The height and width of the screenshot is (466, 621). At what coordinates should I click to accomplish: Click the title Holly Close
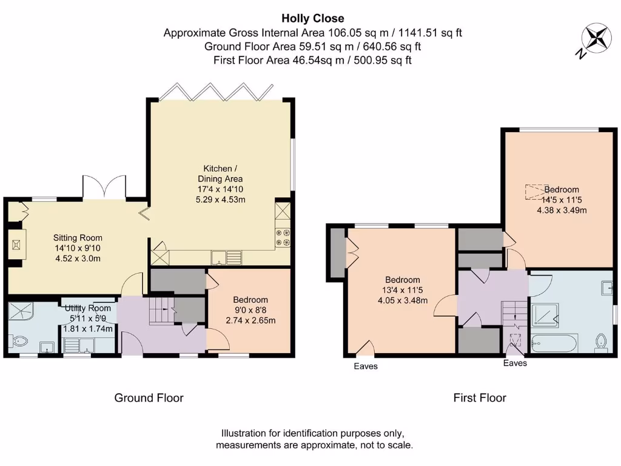tap(312, 19)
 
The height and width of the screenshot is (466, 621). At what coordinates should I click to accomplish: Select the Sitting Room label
tap(78, 238)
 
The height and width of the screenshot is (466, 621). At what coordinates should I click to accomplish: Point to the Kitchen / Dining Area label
tap(220, 174)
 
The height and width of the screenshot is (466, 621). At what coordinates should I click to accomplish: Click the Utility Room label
tap(88, 308)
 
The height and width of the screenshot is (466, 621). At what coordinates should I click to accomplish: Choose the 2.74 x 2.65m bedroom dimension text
tap(250, 320)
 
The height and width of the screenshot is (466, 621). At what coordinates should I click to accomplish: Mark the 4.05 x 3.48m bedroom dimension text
tap(403, 300)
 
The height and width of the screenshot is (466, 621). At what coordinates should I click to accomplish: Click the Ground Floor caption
tap(149, 398)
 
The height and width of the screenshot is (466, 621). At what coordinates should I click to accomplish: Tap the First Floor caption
tap(480, 398)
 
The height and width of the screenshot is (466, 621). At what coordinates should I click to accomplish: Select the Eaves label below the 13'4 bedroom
tap(366, 366)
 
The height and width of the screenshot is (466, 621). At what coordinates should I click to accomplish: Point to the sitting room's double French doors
tap(104, 186)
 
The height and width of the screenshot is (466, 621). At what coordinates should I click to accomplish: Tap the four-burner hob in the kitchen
tap(283, 237)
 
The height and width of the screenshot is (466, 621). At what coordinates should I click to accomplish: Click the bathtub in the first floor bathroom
tap(554, 343)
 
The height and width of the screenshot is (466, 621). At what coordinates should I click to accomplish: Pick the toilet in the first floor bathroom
tap(601, 342)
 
